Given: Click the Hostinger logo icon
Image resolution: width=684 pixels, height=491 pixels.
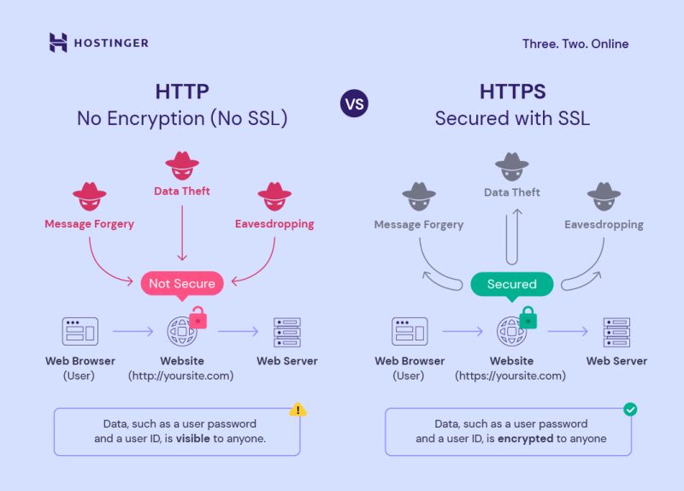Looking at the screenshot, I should [58, 43].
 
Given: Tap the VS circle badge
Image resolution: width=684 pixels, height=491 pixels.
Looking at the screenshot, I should [353, 104].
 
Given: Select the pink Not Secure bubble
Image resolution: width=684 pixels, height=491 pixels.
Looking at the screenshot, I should [182, 283].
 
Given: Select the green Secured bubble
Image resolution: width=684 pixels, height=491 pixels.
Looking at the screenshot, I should [512, 284].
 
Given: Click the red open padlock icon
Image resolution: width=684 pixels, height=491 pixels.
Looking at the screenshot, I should [198, 316].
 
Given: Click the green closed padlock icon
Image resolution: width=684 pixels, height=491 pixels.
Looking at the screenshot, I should [528, 316].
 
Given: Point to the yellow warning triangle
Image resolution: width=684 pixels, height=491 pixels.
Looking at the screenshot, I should [298, 410].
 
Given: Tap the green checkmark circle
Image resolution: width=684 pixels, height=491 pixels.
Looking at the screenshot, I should [630, 410].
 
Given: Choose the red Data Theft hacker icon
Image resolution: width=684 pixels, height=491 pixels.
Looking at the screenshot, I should [182, 165].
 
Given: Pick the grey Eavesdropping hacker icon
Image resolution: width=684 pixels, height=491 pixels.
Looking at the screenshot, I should [604, 198].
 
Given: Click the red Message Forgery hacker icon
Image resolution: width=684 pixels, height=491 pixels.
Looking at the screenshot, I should [90, 198].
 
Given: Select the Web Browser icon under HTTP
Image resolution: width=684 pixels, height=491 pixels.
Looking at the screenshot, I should [80, 331].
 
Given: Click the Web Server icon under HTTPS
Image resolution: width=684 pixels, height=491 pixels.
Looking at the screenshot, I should [616, 331].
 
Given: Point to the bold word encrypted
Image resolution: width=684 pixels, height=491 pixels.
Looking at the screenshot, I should [527, 439].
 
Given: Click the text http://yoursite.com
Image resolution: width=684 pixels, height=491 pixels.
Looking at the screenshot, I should [181, 376].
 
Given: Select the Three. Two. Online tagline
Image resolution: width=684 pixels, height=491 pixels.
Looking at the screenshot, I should [575, 44].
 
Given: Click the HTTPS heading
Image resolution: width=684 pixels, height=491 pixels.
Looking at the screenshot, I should [512, 92].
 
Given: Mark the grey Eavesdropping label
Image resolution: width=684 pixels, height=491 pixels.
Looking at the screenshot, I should [604, 225].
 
